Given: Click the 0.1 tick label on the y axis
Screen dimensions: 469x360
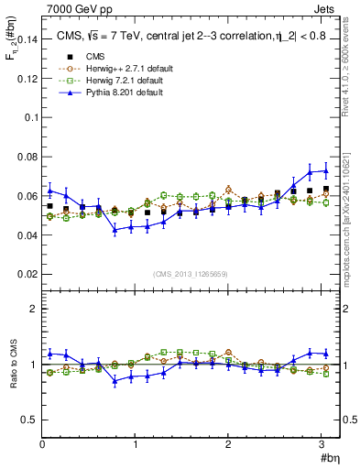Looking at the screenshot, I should (30, 117).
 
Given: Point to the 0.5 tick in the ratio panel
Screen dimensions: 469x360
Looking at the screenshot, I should (30, 420).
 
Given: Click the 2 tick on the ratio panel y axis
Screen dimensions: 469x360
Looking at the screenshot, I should (34, 309).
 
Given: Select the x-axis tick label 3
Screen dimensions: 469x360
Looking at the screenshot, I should (322, 444).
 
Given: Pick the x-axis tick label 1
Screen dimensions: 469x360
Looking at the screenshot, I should (136, 444).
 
